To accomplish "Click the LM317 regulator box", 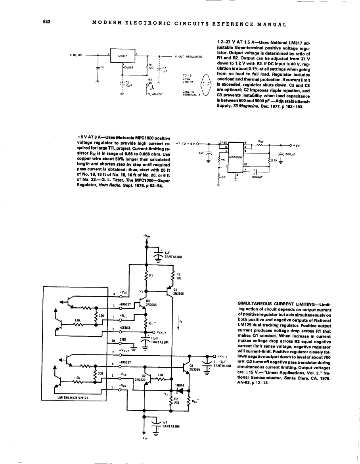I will pyautogui.click(x=122, y=56).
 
